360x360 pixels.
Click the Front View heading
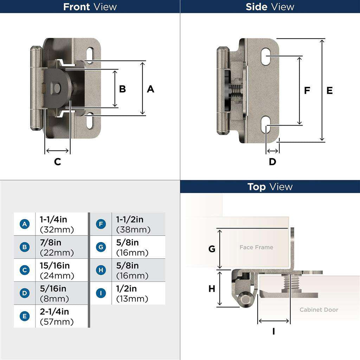(x=90, y=7)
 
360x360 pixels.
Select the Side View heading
(x=270, y=7)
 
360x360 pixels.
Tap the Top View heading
(x=270, y=187)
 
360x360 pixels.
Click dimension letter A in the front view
(x=150, y=89)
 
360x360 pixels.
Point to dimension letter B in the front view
(x=122, y=89)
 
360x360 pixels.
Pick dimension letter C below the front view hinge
(x=57, y=162)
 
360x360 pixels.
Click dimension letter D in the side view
(x=272, y=162)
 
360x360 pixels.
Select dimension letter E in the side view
(x=329, y=91)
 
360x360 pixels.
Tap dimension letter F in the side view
(x=307, y=91)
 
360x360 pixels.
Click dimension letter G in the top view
(x=212, y=249)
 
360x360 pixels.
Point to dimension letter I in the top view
(x=274, y=331)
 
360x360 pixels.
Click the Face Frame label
(x=256, y=247)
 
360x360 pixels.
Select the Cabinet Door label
(x=319, y=310)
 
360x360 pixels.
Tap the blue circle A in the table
(x=24, y=224)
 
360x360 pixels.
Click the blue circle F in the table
(x=101, y=224)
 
